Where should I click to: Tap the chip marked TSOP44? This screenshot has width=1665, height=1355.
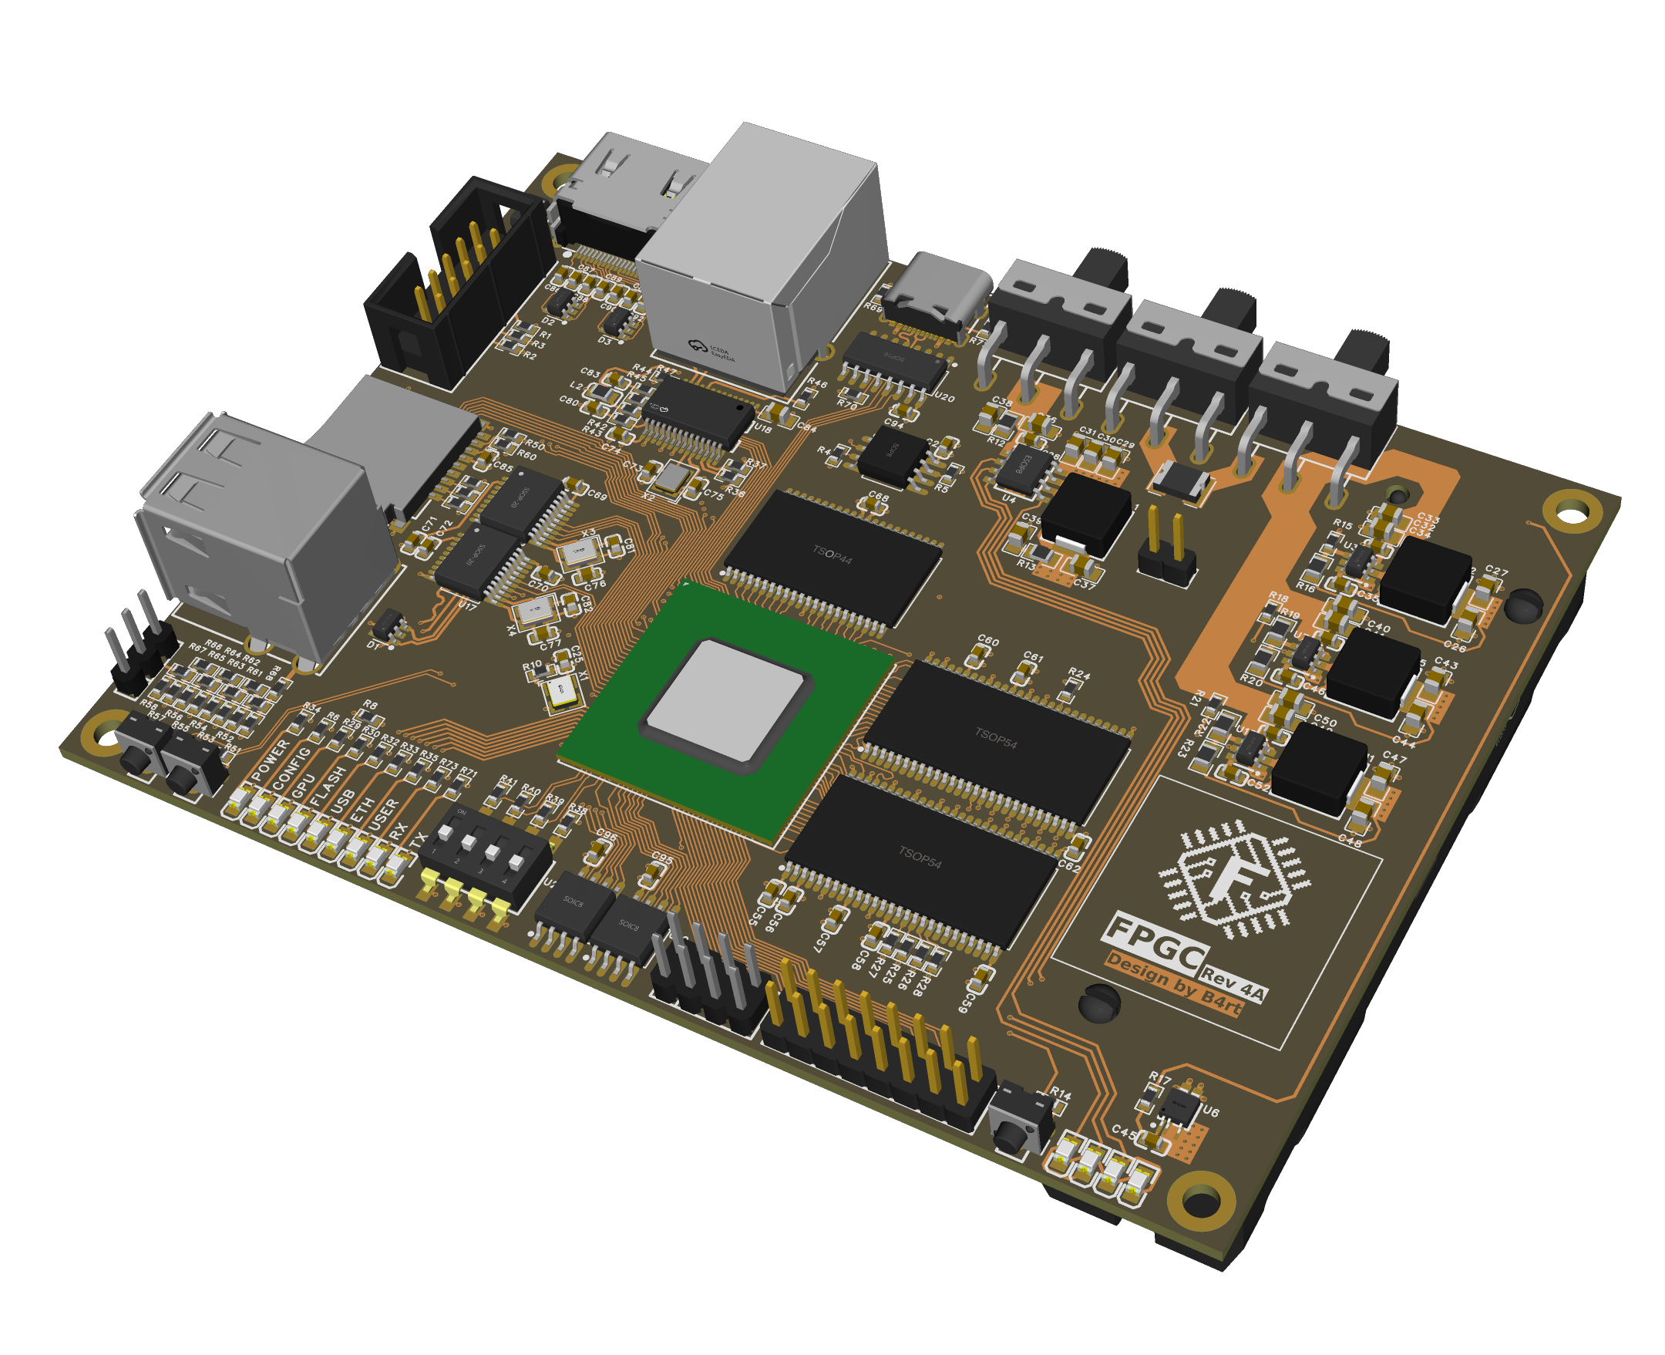coord(832,556)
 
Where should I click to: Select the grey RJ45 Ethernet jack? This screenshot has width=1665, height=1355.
coord(761,258)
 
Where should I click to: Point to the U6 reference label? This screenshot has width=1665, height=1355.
coord(1210,1111)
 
